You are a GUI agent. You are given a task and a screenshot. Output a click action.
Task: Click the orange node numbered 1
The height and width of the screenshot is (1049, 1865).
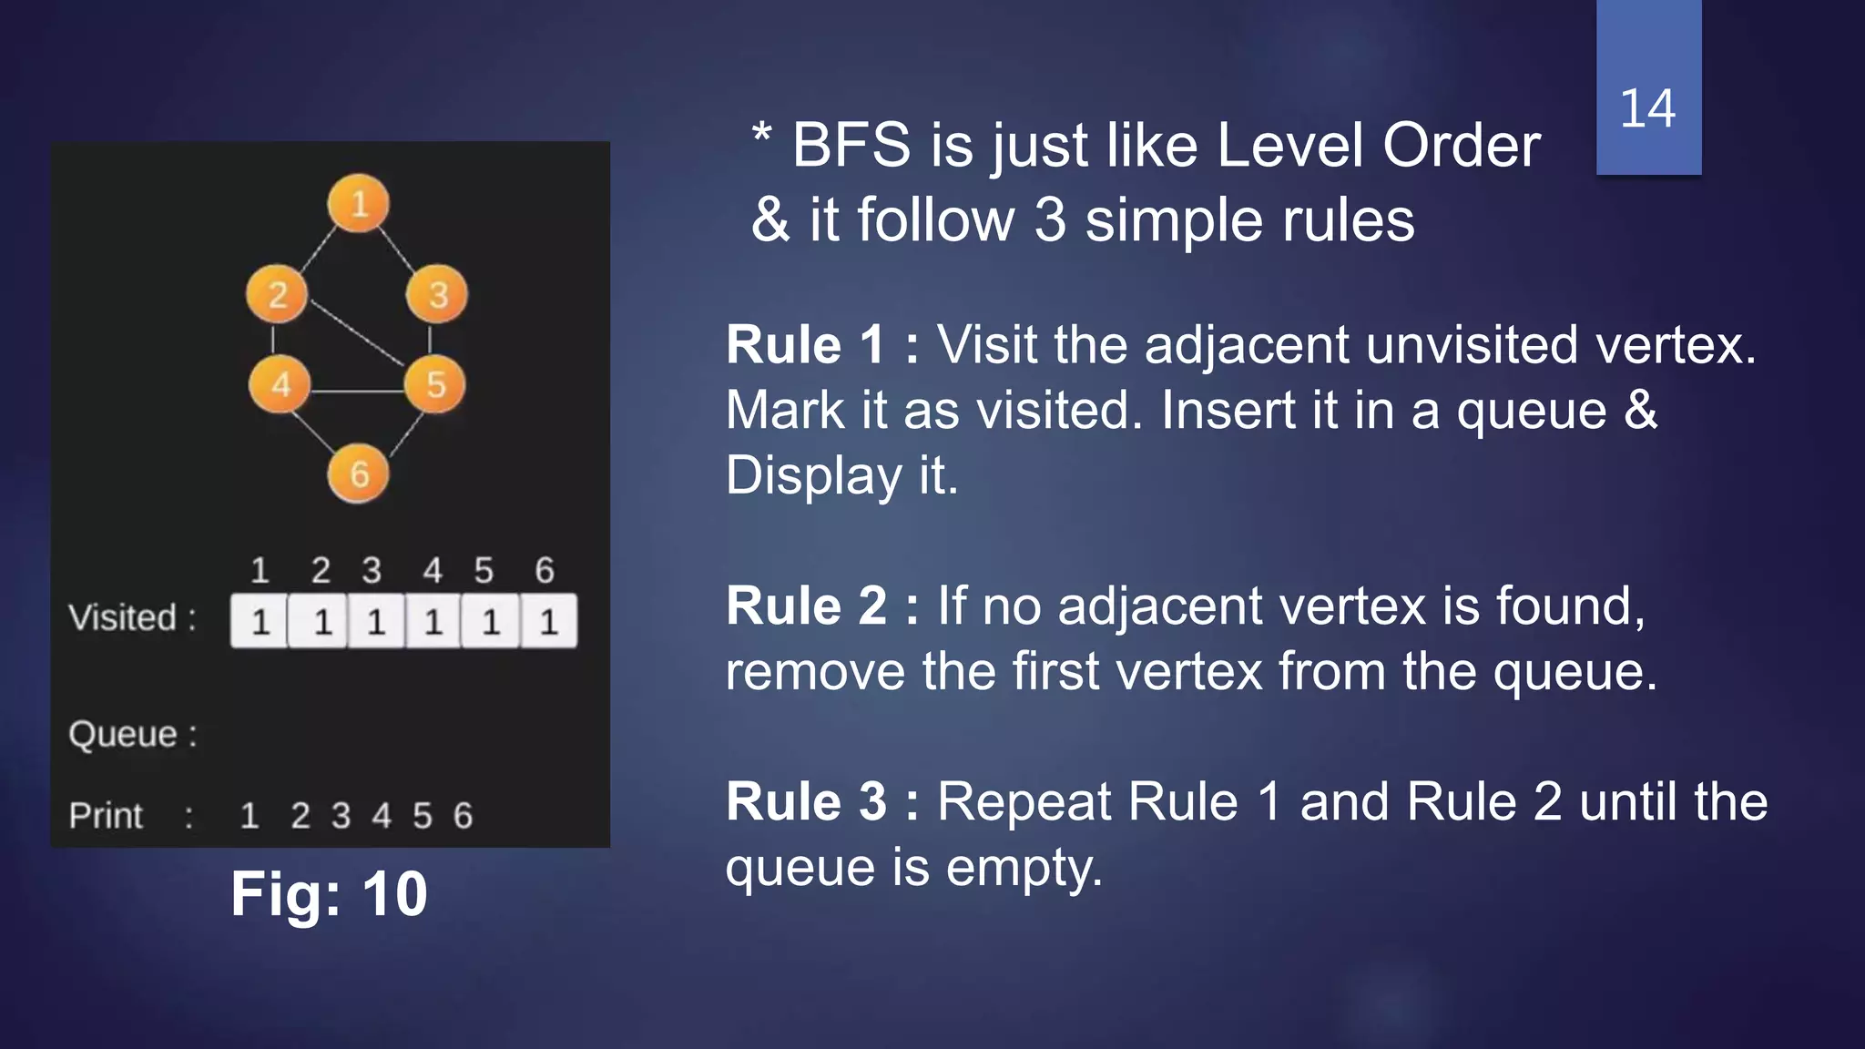359,203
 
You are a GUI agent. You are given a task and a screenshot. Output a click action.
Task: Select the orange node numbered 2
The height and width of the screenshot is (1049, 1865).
278,294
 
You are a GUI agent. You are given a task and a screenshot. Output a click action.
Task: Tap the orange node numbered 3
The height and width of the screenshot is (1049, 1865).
437,294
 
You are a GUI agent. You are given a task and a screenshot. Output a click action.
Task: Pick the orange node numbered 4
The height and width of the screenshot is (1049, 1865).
280,384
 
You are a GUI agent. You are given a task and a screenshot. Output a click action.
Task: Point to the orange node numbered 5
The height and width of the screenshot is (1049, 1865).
435,384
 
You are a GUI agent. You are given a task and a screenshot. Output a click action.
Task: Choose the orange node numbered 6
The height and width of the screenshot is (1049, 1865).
359,474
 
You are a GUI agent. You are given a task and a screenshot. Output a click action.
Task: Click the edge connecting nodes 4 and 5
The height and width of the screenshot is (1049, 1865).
357,392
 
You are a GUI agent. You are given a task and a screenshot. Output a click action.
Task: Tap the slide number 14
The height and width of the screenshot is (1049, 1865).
1647,108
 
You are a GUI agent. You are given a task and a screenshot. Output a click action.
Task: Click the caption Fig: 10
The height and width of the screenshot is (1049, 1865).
329,893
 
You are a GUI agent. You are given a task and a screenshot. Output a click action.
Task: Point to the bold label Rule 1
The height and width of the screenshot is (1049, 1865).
805,345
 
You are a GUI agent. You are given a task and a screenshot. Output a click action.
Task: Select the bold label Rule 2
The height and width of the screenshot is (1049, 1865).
806,606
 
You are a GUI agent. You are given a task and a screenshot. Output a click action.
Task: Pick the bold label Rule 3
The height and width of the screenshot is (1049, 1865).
806,802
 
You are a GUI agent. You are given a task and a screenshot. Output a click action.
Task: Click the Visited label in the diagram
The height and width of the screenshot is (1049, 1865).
123,618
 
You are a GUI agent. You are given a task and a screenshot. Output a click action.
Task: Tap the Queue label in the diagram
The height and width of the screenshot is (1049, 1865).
124,734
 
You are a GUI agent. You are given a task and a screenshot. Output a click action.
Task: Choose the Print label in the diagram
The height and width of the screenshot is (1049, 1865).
107,816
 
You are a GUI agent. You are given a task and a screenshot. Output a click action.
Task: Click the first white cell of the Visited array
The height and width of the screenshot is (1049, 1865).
260,622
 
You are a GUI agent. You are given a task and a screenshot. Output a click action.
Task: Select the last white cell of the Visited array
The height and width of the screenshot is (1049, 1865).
548,622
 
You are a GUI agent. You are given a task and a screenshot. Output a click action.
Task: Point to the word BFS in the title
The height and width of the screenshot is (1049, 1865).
851,146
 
